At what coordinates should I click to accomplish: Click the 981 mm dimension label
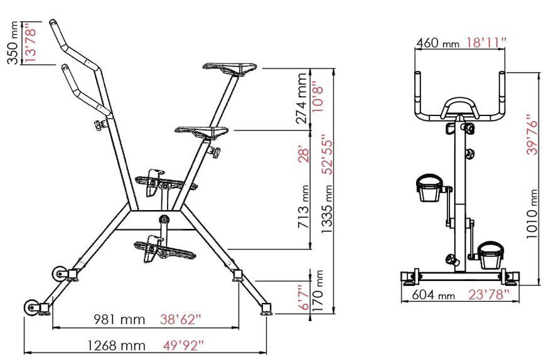[x=119, y=319]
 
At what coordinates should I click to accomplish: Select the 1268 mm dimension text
[x=116, y=346]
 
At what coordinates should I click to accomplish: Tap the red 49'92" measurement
[x=183, y=346]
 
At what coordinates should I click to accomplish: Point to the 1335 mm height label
[x=327, y=209]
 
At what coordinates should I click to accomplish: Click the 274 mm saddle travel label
[x=301, y=98]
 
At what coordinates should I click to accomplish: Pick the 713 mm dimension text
[x=304, y=206]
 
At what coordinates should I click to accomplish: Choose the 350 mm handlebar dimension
[x=13, y=43]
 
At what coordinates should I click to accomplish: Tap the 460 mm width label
[x=438, y=43]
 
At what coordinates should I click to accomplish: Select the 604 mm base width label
[x=434, y=295]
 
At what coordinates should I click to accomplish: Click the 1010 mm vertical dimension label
[x=532, y=214]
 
